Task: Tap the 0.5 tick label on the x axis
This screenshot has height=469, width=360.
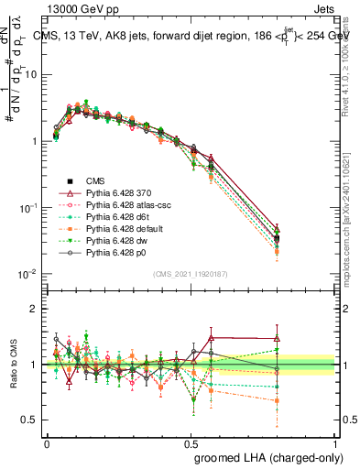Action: [191, 442]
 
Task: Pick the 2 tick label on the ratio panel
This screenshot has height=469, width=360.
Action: [36, 309]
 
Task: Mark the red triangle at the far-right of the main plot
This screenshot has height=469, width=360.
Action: [303, 229]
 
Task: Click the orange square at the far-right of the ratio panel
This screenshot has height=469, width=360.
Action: [303, 400]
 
